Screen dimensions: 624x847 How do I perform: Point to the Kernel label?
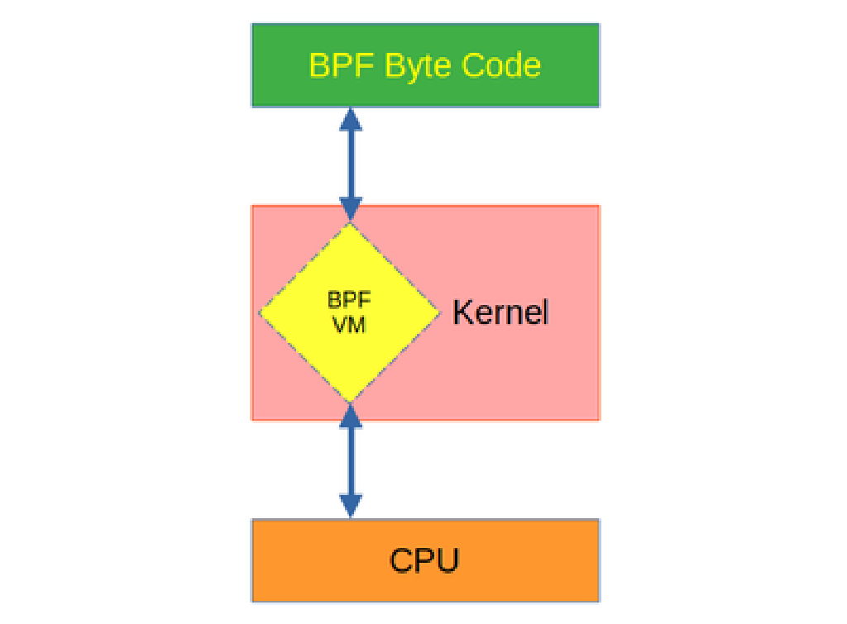point(500,312)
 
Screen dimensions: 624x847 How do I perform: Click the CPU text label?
point(424,560)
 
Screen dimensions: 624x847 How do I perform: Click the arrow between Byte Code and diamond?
point(352,164)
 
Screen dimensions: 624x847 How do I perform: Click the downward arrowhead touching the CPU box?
point(352,504)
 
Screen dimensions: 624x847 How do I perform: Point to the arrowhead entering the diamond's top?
point(352,210)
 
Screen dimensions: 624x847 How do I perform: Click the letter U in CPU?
point(447,560)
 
